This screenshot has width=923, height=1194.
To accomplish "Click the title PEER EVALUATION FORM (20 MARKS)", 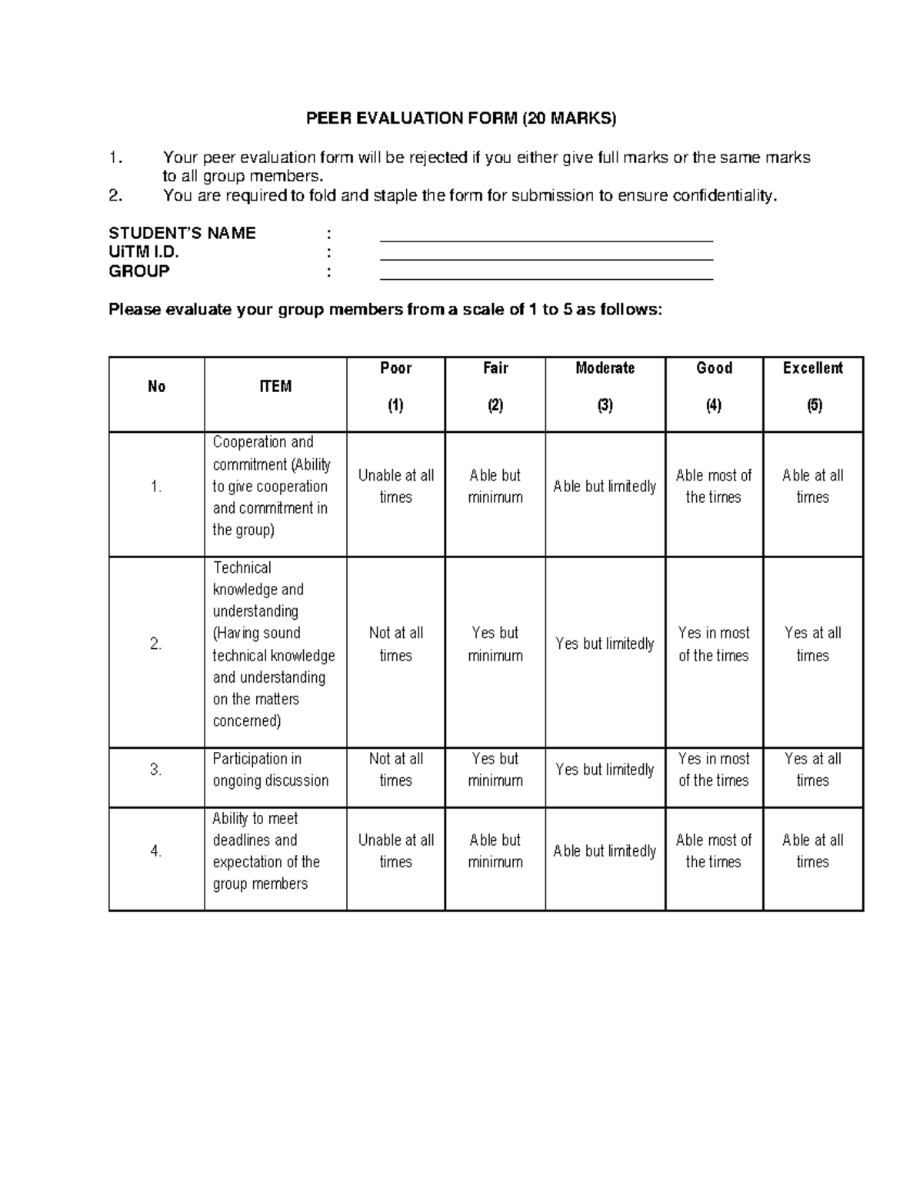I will (461, 118).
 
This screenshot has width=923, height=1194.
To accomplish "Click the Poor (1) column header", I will (395, 387).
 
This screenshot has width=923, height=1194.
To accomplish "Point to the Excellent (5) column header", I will (813, 387).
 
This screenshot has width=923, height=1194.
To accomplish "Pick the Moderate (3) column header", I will (605, 387).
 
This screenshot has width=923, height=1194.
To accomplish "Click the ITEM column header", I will (275, 387).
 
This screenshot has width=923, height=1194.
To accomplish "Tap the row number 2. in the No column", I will (156, 644).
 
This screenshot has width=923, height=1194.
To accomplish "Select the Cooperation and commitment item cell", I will (275, 486).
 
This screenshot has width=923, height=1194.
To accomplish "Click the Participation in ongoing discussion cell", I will (275, 770).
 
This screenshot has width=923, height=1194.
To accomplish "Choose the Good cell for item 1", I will (714, 486).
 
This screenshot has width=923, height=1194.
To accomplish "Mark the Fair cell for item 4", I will (495, 851).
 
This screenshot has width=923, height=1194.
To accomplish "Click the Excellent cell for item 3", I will (813, 770).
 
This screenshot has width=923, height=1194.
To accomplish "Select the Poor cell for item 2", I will (395, 644).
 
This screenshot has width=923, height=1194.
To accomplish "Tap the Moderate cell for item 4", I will (605, 851).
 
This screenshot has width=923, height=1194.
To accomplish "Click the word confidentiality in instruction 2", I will (725, 195).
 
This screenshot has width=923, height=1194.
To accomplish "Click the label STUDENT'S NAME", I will (182, 233).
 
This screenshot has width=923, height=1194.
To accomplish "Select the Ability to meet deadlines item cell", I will (275, 851).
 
